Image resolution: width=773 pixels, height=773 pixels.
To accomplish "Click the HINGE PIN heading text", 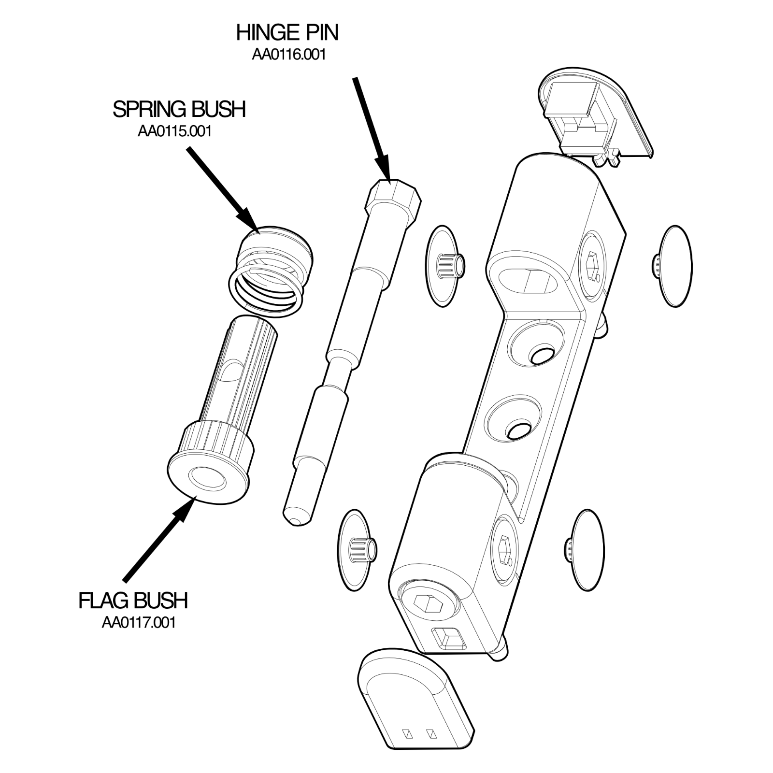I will click(287, 33).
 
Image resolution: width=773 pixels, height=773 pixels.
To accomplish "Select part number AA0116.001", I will click(288, 55).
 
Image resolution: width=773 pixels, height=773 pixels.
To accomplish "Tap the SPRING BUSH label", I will click(179, 109).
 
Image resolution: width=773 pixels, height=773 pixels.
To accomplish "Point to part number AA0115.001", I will click(174, 131).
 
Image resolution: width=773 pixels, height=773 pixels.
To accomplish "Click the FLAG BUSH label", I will click(133, 601).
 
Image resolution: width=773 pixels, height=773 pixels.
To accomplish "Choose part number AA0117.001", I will click(138, 622).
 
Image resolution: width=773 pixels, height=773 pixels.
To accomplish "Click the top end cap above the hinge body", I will click(597, 114).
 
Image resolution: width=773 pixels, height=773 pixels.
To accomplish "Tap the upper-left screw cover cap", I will click(442, 266).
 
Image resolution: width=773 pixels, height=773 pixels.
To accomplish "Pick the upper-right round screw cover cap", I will click(675, 266).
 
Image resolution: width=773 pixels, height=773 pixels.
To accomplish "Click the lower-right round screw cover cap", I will click(587, 549).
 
